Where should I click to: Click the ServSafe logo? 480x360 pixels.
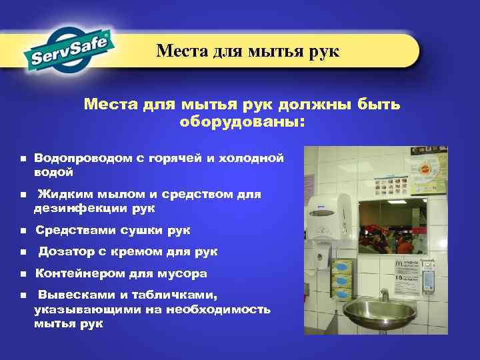point(70,49)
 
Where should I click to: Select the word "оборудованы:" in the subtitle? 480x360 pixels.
point(241,122)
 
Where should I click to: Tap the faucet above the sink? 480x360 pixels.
point(384,293)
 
